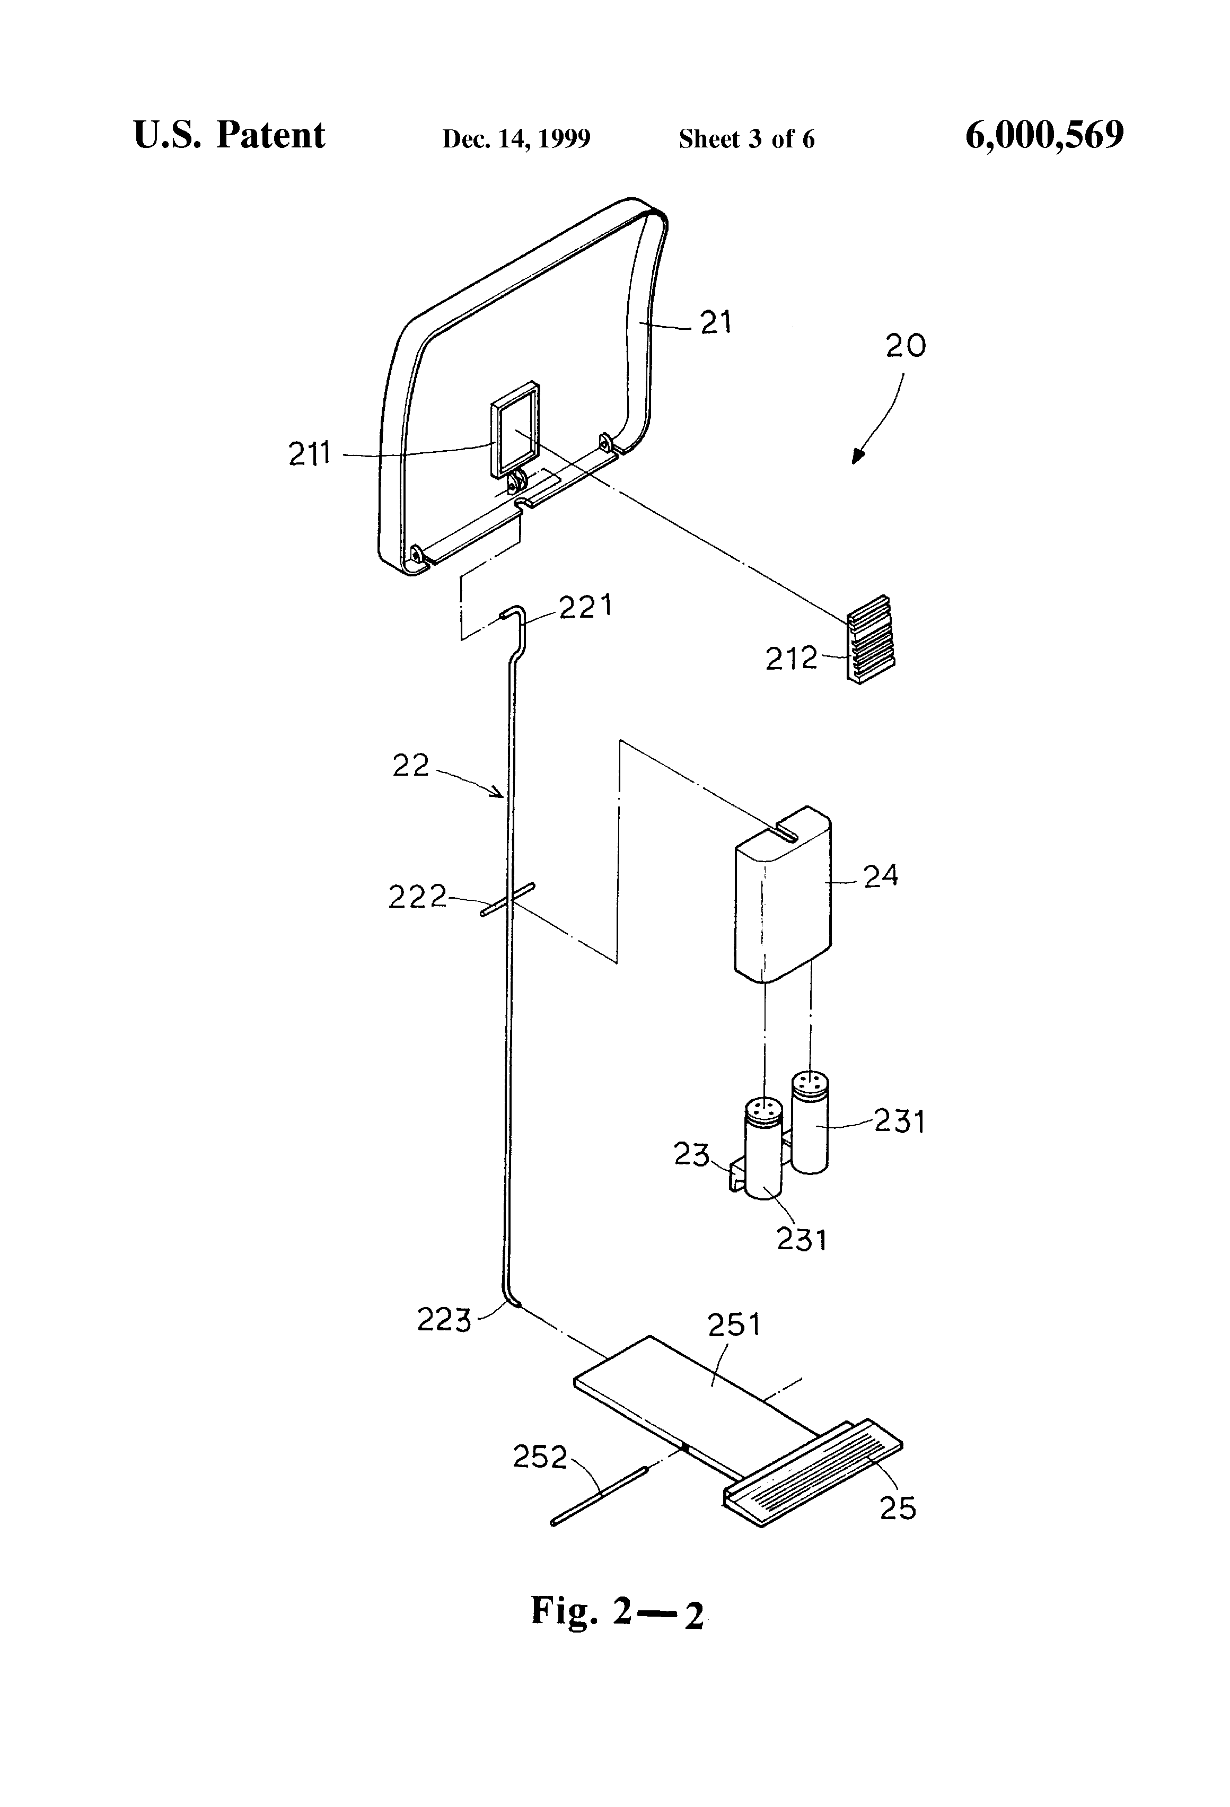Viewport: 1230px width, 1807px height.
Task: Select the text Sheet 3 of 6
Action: coord(746,139)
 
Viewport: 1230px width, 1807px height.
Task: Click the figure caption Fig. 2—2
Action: coord(617,1610)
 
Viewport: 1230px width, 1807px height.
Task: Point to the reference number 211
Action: coord(310,454)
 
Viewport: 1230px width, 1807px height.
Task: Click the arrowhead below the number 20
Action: coord(858,457)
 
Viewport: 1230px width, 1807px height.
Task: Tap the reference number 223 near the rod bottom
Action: coord(444,1320)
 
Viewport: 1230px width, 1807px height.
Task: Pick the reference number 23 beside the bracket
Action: coord(691,1155)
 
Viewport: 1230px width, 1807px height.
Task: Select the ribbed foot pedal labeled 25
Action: coord(812,1470)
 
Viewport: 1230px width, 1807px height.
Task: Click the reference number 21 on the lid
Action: coord(715,322)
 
